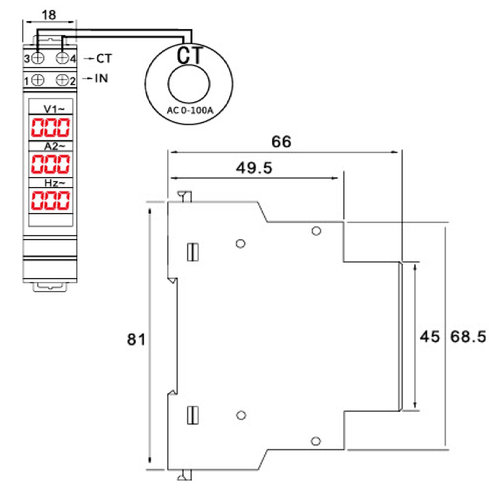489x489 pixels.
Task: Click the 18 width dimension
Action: point(48,13)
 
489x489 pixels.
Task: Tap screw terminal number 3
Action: point(38,58)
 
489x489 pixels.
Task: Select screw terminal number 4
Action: point(63,58)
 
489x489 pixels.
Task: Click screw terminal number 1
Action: point(38,79)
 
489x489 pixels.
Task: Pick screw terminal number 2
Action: point(63,79)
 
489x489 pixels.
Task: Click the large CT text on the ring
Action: point(189,54)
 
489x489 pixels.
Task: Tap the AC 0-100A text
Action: point(190,110)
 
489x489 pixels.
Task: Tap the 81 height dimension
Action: point(136,339)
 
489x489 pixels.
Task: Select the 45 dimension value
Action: point(430,337)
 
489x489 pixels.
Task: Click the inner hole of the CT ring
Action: point(189,85)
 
